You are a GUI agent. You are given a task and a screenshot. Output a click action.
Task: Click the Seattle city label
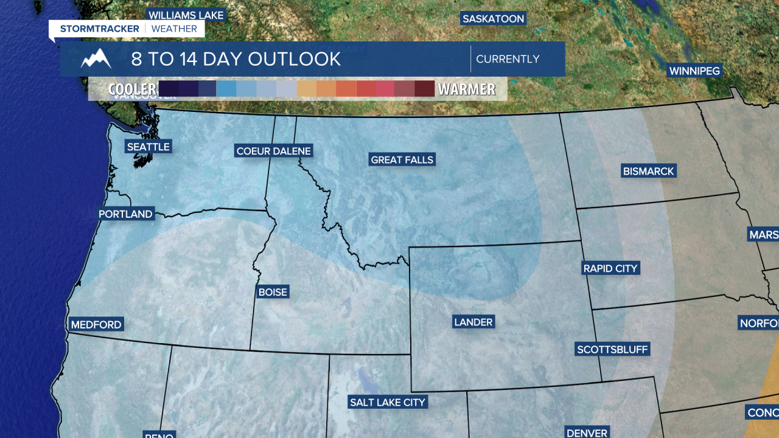[148, 147]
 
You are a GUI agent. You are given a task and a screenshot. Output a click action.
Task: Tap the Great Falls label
[402, 160]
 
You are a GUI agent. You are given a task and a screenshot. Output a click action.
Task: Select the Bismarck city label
[648, 172]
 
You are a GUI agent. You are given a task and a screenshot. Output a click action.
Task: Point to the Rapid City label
[610, 268]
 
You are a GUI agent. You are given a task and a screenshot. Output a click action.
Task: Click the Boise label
[273, 292]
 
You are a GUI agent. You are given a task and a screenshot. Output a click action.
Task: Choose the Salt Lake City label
[388, 402]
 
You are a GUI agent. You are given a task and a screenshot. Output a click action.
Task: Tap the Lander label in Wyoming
[473, 322]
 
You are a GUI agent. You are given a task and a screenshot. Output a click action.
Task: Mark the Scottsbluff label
[613, 349]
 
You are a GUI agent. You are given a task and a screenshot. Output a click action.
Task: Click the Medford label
[96, 325]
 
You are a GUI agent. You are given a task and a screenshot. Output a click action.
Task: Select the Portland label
[125, 214]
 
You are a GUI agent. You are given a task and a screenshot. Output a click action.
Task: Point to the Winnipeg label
[694, 71]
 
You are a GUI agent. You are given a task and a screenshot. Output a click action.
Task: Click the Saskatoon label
[493, 19]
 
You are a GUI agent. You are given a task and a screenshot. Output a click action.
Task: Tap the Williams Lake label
[186, 15]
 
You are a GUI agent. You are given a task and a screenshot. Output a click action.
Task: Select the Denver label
[587, 433]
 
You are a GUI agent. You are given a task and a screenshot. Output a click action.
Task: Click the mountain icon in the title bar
[96, 59]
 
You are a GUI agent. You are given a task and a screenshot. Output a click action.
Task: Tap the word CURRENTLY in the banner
[508, 59]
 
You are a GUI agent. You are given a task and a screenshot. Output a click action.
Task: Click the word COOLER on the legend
[132, 89]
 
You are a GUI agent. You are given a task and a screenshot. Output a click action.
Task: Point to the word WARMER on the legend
[467, 89]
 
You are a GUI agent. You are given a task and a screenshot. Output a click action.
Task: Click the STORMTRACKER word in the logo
[100, 29]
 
